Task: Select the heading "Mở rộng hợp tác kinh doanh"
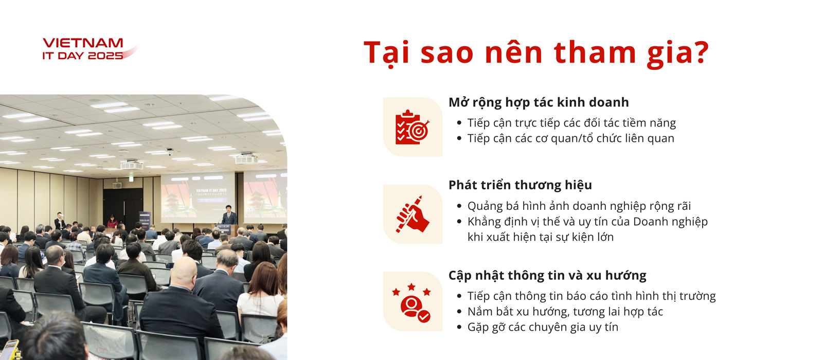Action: pyautogui.click(x=539, y=102)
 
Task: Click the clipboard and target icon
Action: pyautogui.click(x=412, y=127)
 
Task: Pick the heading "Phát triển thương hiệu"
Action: pyautogui.click(x=520, y=185)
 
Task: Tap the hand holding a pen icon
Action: pyautogui.click(x=412, y=214)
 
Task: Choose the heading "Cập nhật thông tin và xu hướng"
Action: pyautogui.click(x=547, y=275)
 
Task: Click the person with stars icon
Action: pyautogui.click(x=411, y=302)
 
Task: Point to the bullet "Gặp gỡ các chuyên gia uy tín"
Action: pyautogui.click(x=543, y=327)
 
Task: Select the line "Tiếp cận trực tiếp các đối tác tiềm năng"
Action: pyautogui.click(x=571, y=123)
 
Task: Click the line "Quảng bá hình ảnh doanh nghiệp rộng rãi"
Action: pyautogui.click(x=579, y=206)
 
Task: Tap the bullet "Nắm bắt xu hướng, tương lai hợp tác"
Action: pyautogui.click(x=565, y=312)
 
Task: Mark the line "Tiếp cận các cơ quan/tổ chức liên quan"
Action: pyautogui.click(x=570, y=138)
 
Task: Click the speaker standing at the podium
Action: pyautogui.click(x=229, y=215)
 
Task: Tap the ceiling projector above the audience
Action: pyautogui.click(x=132, y=165)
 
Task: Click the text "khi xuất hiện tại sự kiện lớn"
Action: pyautogui.click(x=541, y=237)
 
